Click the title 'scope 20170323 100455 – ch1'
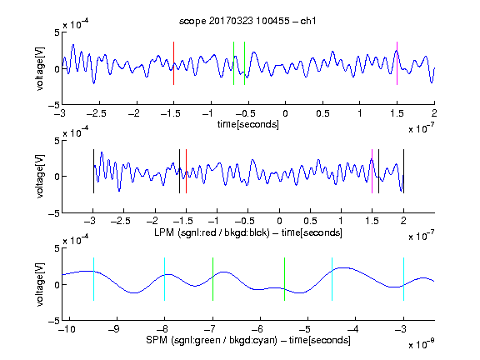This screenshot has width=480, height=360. click(x=247, y=21)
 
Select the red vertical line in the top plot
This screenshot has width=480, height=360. click(x=173, y=63)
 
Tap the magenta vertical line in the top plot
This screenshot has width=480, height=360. click(x=397, y=63)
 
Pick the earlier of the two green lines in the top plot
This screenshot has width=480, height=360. click(x=233, y=63)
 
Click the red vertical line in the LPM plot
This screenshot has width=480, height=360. click(x=186, y=172)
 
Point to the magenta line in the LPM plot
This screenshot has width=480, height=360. click(x=372, y=172)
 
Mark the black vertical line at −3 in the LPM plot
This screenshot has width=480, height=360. click(x=93, y=172)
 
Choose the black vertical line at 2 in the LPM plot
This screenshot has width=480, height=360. click(x=403, y=172)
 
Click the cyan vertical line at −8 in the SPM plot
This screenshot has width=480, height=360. click(x=164, y=279)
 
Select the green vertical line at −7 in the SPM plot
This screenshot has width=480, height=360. click(x=212, y=279)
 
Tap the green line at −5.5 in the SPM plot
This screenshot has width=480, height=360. click(x=284, y=279)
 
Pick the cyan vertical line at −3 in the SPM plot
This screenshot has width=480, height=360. click(x=403, y=279)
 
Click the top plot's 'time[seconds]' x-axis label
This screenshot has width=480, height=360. click(x=248, y=124)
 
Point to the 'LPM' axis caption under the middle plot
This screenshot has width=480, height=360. click(x=164, y=232)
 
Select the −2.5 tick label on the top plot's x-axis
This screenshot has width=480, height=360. click(x=96, y=113)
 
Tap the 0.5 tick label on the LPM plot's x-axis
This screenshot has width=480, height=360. click(x=310, y=221)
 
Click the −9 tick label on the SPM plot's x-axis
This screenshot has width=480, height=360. click(x=114, y=329)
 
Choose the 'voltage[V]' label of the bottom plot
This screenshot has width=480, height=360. click(x=40, y=284)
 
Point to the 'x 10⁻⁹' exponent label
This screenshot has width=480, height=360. click(x=421, y=344)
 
